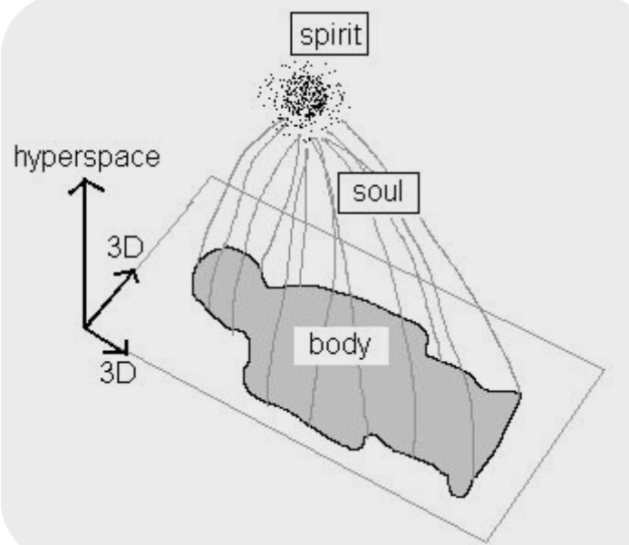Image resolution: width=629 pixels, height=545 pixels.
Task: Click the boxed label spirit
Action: click(329, 34)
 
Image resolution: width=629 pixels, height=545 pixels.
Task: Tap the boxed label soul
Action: click(378, 192)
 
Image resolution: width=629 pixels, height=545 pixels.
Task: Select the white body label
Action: click(341, 345)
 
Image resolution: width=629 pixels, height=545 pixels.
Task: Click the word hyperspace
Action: click(87, 157)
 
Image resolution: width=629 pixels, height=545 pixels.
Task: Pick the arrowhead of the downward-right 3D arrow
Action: click(126, 352)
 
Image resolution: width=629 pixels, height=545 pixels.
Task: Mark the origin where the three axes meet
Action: click(84, 327)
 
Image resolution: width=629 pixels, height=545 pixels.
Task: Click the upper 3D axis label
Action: click(126, 248)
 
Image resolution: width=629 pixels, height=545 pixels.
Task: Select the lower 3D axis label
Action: click(119, 373)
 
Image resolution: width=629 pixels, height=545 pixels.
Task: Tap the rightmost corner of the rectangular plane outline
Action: click(605, 368)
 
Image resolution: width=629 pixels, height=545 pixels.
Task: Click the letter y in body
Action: click(363, 348)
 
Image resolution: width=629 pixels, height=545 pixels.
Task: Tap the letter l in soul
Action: click(400, 191)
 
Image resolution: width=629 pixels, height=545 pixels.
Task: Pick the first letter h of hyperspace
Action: click(20, 157)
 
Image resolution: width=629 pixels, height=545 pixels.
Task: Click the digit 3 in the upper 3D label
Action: click(115, 248)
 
